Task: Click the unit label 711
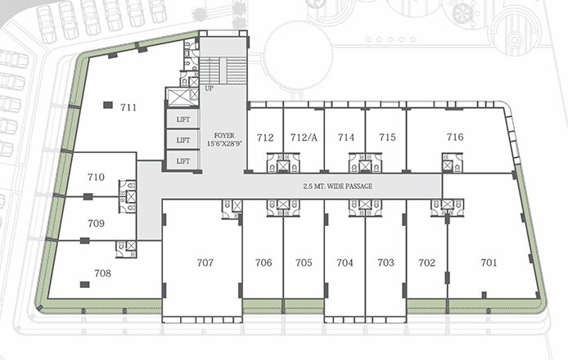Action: [x=128, y=107]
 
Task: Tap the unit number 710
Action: [x=96, y=177]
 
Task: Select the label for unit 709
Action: [x=96, y=223]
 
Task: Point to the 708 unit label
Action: [x=102, y=273]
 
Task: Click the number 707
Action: [x=205, y=263]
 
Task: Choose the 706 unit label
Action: [x=263, y=263]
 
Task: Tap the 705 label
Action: [x=304, y=263]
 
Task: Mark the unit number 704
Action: [x=345, y=263]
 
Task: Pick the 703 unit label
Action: [x=385, y=263]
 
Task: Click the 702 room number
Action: [x=426, y=263]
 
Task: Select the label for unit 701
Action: [x=489, y=263]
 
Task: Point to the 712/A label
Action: [x=304, y=137]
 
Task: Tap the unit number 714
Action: [x=346, y=137]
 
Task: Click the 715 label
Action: [x=387, y=137]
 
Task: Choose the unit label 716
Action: [x=455, y=137]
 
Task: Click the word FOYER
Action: [x=223, y=134]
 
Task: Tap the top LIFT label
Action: [x=183, y=119]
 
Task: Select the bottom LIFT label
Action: [x=183, y=161]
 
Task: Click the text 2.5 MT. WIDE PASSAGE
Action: [x=337, y=187]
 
